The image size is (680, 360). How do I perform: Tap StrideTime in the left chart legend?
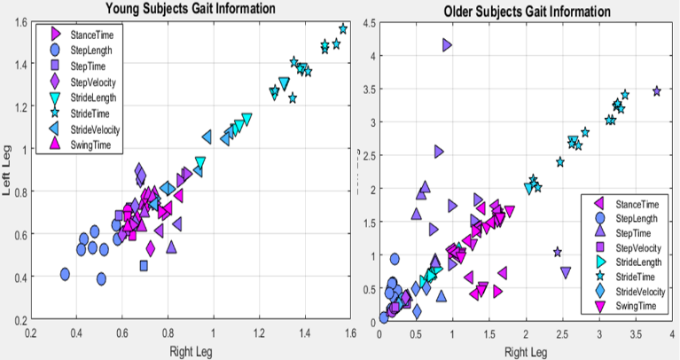92,113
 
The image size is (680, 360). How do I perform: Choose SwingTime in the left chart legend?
92,145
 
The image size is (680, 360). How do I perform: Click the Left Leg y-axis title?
8,173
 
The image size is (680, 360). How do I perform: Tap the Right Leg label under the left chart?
190,351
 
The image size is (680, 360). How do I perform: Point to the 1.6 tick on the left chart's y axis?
20,22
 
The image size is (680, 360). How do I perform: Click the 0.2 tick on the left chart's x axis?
31,333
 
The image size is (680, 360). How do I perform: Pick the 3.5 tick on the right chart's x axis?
636,333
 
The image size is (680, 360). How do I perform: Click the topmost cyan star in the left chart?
343,29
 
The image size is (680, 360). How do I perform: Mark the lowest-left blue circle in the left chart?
65,274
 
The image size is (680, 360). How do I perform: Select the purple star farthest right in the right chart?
657,91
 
